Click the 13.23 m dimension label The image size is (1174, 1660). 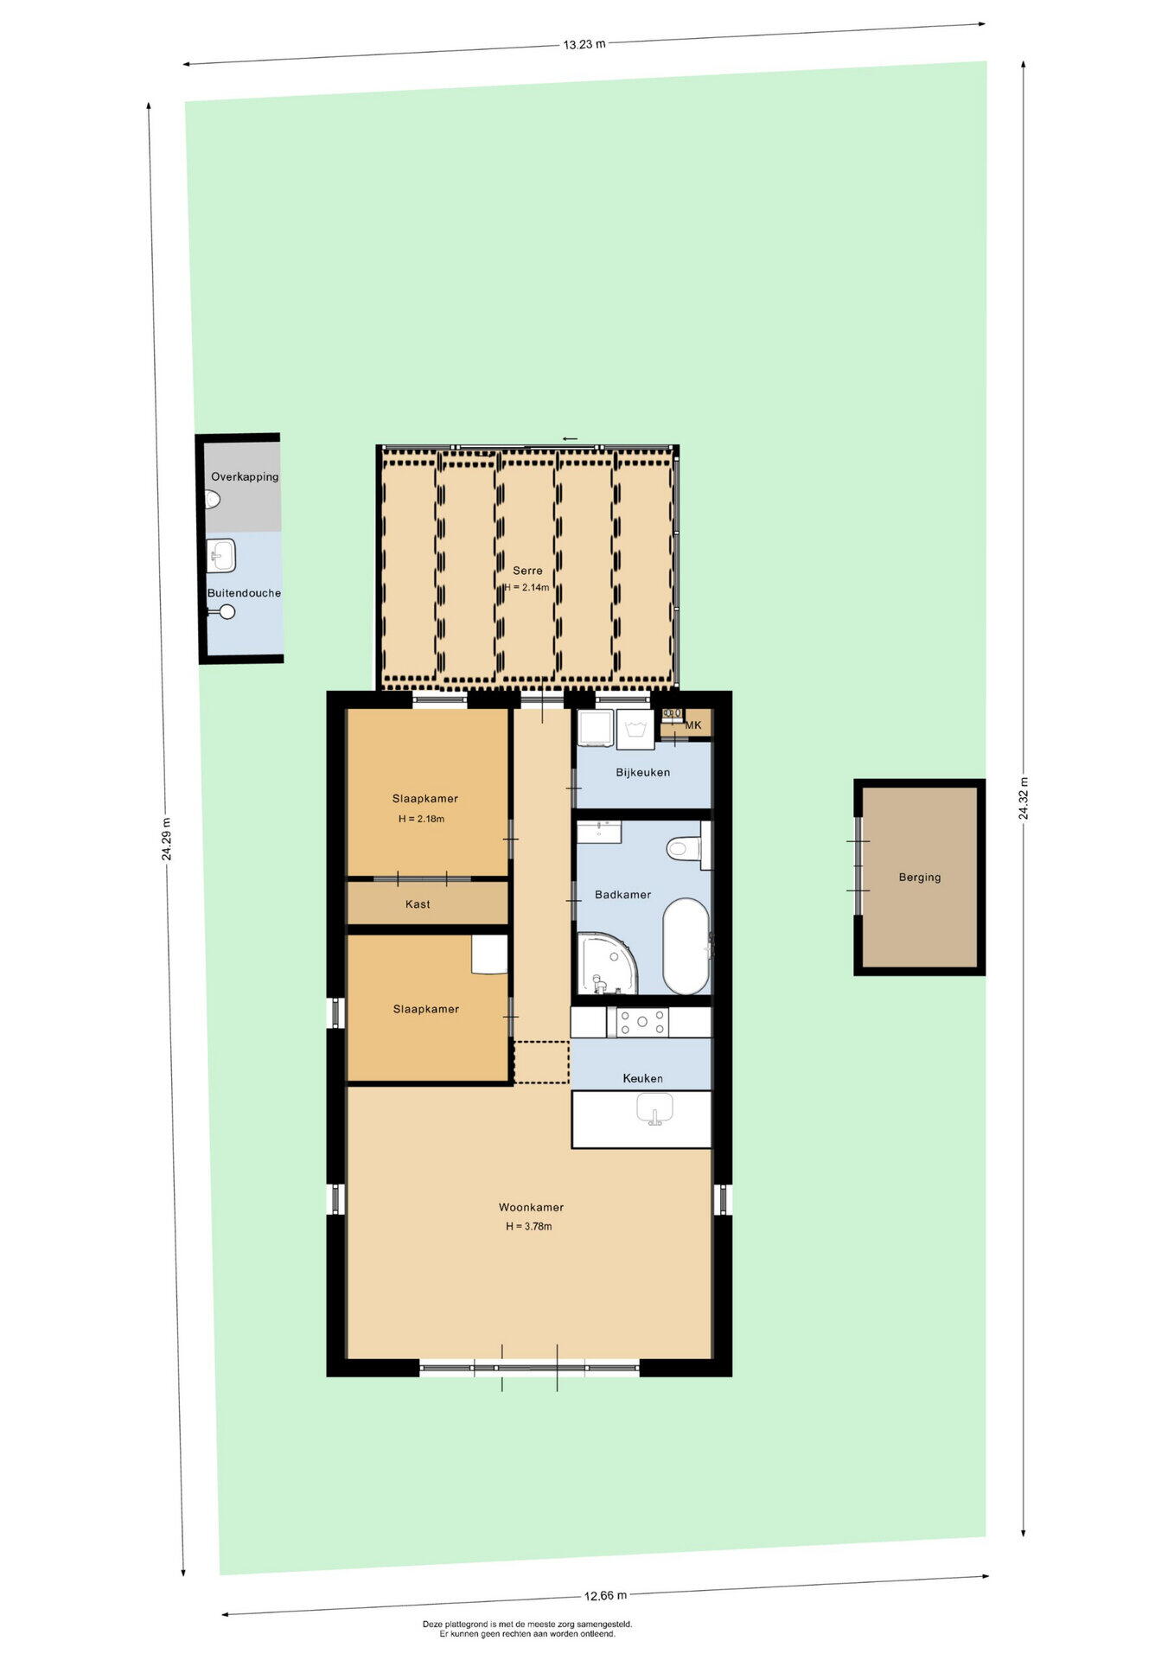coord(584,44)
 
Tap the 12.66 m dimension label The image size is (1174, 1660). coord(605,1595)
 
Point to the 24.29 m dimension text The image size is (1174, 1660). coord(166,839)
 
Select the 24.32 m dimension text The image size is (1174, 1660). coord(1024,798)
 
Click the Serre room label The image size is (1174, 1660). coord(527,571)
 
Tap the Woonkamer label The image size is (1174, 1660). coord(531,1207)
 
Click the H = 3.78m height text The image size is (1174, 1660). coord(529,1226)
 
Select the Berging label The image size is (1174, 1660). coord(919,877)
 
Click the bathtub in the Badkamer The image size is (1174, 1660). coord(686,947)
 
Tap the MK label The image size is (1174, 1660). coord(693,725)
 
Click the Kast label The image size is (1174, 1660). coord(418,903)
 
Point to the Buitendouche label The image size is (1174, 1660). coord(244,593)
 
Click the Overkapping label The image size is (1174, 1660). coord(245,476)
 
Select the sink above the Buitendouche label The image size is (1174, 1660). coord(222,555)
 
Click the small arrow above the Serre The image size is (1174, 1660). coord(570,439)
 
